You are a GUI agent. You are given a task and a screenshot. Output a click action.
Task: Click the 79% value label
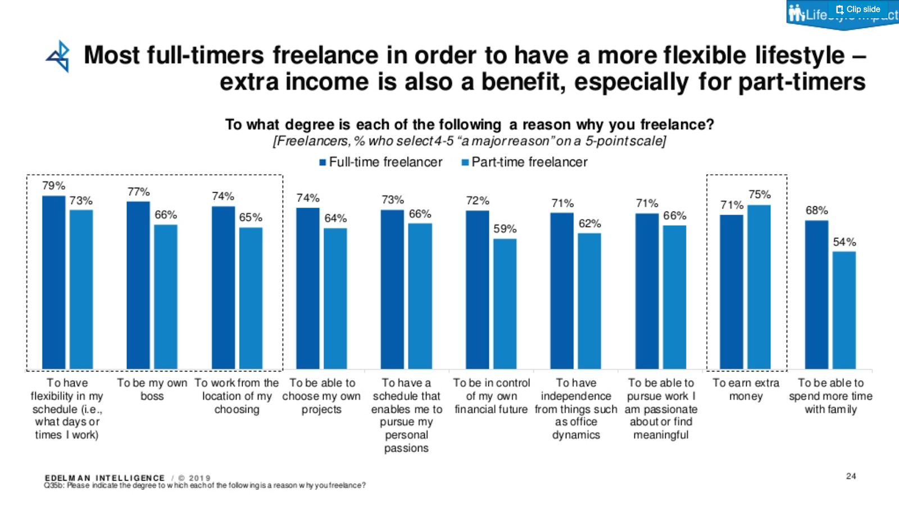(x=53, y=186)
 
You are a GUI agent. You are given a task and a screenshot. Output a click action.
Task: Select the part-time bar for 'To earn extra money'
(x=759, y=287)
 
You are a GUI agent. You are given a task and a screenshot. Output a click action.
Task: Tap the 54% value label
(x=844, y=242)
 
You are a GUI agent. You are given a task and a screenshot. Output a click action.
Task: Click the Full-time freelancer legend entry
(x=381, y=162)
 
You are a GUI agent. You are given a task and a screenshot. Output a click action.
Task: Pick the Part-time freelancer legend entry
(x=524, y=162)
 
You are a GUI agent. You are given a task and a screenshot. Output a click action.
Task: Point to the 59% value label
(x=505, y=229)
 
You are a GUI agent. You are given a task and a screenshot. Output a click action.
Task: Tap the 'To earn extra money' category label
(x=746, y=389)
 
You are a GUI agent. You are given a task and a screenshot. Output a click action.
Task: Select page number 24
(x=851, y=476)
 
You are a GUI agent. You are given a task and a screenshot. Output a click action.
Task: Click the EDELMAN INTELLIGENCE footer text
(x=105, y=478)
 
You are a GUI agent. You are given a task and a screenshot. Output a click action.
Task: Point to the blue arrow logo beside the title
(x=58, y=56)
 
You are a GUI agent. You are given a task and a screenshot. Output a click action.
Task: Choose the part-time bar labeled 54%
(x=844, y=310)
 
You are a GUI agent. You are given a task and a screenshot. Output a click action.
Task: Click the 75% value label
(x=759, y=195)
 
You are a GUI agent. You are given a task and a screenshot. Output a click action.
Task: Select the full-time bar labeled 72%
(x=477, y=290)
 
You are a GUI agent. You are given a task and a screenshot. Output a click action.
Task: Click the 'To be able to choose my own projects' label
(x=321, y=396)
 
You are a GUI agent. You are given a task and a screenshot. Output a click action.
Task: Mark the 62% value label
(x=589, y=223)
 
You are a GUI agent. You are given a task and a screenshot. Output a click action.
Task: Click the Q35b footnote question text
(x=205, y=485)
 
